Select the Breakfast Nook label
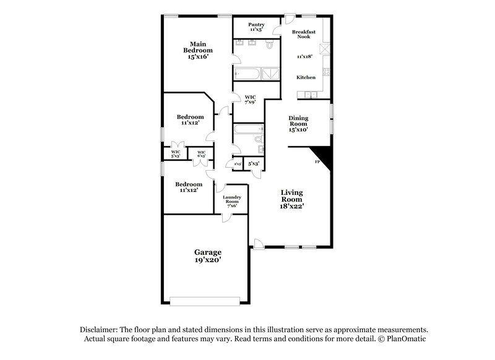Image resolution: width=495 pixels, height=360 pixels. pyautogui.click(x=304, y=34)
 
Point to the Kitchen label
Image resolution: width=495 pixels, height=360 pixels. pyautogui.click(x=306, y=77)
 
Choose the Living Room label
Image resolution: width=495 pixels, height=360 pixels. pyautogui.click(x=291, y=196)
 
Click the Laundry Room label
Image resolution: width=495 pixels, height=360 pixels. pyautogui.click(x=232, y=202)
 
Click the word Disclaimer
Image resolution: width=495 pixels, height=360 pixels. pyautogui.click(x=98, y=330)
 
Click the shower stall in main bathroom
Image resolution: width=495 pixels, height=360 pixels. pyautogui.click(x=270, y=75)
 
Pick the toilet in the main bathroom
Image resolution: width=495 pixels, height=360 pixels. pyautogui.click(x=269, y=45)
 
